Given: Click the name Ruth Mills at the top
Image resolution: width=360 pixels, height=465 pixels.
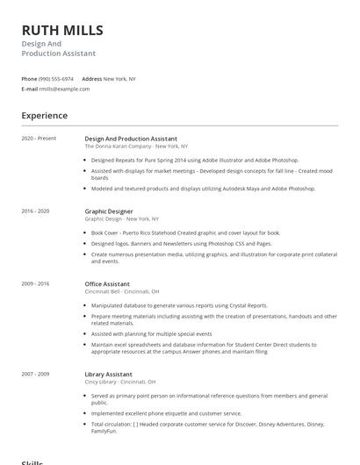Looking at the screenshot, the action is click(x=62, y=31).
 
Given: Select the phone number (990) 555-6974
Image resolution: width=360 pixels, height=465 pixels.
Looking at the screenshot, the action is click(x=56, y=79).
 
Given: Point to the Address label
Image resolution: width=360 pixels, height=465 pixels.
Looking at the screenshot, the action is click(x=92, y=79).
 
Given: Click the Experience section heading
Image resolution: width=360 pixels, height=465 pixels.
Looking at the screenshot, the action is click(x=44, y=115).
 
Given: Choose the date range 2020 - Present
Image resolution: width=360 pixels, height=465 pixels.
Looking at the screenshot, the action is click(x=39, y=139).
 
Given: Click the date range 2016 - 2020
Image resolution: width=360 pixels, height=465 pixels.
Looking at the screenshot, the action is click(x=36, y=211).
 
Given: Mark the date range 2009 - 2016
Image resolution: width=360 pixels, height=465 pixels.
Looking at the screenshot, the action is click(x=36, y=284).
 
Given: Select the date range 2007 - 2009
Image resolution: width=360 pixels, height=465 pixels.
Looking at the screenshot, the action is click(x=36, y=375).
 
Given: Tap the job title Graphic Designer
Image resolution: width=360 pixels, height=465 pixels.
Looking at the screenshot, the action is click(x=109, y=211).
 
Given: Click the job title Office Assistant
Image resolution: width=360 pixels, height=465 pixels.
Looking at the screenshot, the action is click(x=107, y=284).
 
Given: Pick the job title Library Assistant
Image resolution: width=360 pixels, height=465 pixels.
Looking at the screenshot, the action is click(x=108, y=375).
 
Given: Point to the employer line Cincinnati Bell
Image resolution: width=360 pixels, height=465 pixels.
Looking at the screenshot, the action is click(x=121, y=291).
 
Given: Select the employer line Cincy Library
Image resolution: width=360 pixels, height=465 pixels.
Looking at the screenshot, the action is click(x=119, y=382).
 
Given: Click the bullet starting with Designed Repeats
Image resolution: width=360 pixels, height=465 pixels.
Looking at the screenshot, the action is click(x=195, y=161).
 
